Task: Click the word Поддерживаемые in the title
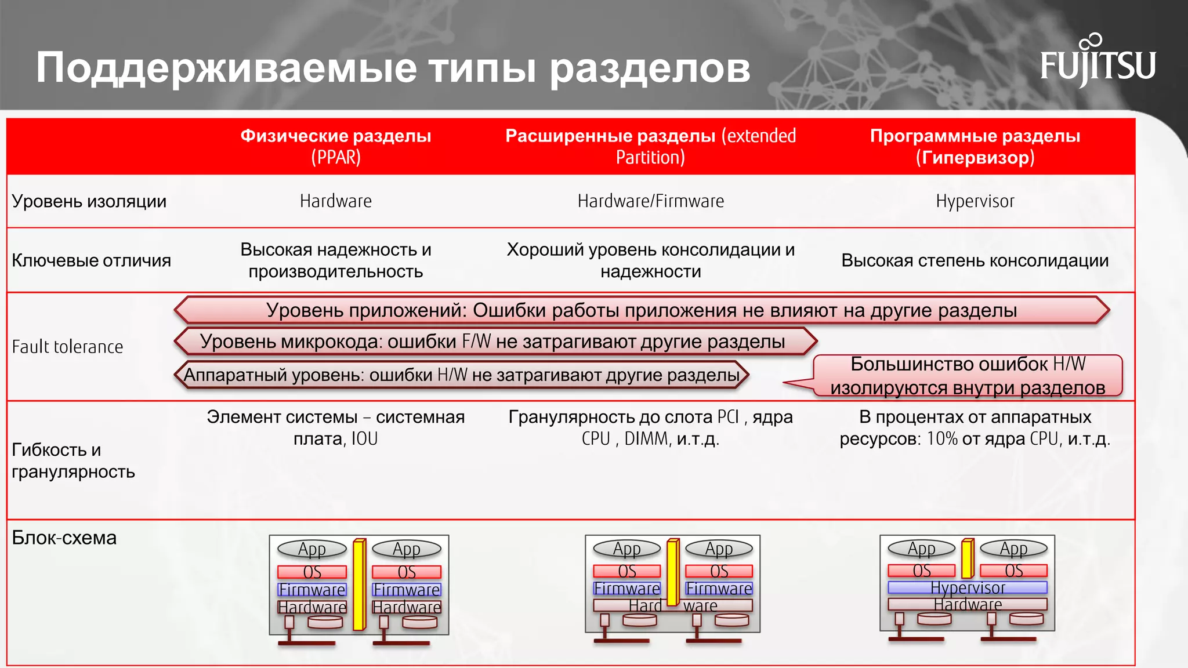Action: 226,68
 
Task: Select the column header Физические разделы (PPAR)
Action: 335,146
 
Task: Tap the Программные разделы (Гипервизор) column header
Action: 975,146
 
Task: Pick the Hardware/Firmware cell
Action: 650,201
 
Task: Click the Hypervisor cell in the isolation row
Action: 975,201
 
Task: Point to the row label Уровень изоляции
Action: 89,201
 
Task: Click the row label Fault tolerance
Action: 67,347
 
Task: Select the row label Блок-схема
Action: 64,538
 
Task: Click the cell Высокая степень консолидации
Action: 975,260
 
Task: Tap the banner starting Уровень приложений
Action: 641,310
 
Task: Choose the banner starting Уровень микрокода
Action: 493,342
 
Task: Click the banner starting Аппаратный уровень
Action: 461,375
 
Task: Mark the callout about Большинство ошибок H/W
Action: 967,376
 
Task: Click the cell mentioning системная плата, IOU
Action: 335,427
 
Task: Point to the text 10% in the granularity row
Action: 942,439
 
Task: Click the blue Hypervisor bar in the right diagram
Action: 967,587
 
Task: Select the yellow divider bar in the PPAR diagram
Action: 359,584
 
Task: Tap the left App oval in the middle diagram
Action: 626,549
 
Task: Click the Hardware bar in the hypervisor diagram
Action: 967,604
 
